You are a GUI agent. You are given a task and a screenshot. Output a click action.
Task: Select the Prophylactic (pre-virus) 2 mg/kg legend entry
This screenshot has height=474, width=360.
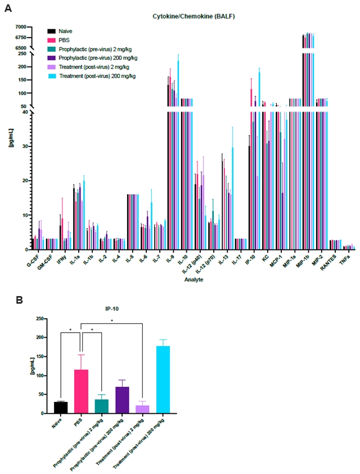pos(93,49)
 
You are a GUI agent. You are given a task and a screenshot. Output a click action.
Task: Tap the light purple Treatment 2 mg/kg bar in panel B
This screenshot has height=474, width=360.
pos(143,409)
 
